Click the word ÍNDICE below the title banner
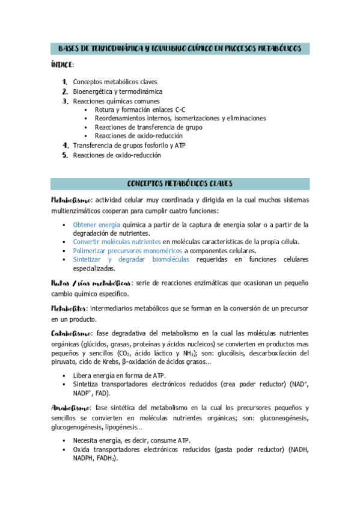pos(62,64)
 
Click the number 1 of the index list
pos(64,82)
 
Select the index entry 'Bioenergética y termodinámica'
pos(117,91)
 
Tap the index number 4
pos(66,146)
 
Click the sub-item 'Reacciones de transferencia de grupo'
pos(148,127)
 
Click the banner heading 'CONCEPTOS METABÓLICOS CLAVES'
pos(180,183)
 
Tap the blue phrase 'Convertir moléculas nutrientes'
pos(117,242)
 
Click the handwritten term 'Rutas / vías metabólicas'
pos(91,283)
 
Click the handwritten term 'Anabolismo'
pos(71,407)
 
